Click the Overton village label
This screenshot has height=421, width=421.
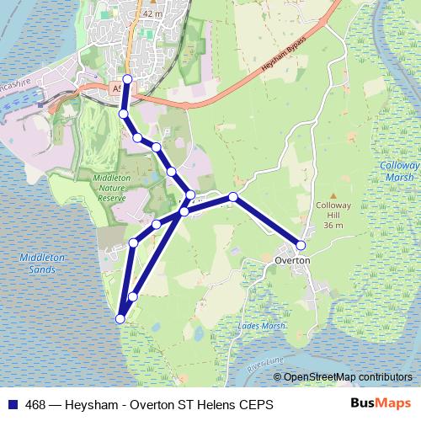click(293, 261)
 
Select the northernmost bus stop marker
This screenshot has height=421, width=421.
click(127, 79)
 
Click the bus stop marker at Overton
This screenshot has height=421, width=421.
click(301, 245)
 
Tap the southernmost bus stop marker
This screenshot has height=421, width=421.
click(120, 318)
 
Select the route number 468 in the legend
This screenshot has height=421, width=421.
click(35, 405)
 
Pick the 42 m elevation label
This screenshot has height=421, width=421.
click(152, 14)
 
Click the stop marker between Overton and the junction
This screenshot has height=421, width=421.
click(233, 198)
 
